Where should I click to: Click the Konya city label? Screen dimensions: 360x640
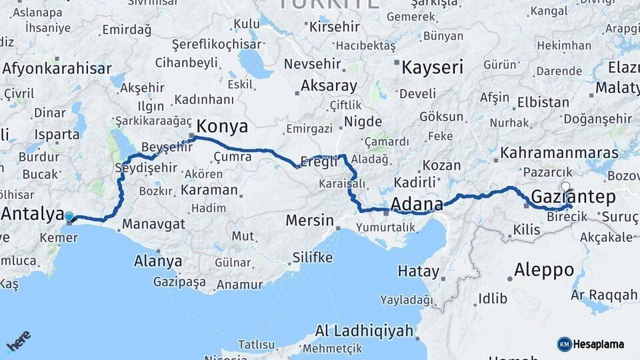(223, 127)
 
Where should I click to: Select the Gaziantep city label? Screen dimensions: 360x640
(573, 196)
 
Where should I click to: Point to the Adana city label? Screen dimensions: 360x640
(418, 203)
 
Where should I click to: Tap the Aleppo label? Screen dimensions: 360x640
(544, 270)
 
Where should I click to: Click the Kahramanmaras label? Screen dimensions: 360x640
(559, 153)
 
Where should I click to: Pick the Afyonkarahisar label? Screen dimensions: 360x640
(57, 68)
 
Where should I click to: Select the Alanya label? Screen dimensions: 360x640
(158, 261)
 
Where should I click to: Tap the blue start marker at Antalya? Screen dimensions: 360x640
(69, 217)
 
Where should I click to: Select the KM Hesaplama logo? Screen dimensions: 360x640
(591, 344)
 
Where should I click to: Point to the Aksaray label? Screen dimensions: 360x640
(329, 86)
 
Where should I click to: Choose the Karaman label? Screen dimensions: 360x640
(208, 189)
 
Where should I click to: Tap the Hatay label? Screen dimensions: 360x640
(418, 271)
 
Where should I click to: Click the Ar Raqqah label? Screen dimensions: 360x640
(604, 294)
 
